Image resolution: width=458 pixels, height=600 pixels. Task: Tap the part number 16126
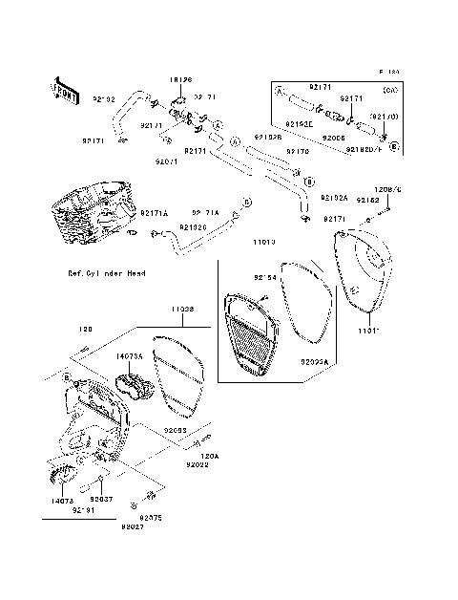(x=181, y=80)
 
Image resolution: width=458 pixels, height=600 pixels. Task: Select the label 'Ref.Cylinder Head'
(x=107, y=272)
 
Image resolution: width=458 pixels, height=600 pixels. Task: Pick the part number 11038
(x=183, y=310)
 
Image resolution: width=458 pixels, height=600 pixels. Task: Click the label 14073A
(x=130, y=355)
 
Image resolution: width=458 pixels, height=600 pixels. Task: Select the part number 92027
(x=132, y=526)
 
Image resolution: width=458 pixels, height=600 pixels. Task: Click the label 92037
(x=102, y=499)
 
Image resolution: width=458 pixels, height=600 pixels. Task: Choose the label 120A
(x=209, y=456)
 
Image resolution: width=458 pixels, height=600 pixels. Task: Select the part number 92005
(x=333, y=138)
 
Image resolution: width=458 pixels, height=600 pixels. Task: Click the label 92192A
(x=334, y=197)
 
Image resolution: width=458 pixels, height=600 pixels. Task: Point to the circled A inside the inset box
(x=279, y=94)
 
